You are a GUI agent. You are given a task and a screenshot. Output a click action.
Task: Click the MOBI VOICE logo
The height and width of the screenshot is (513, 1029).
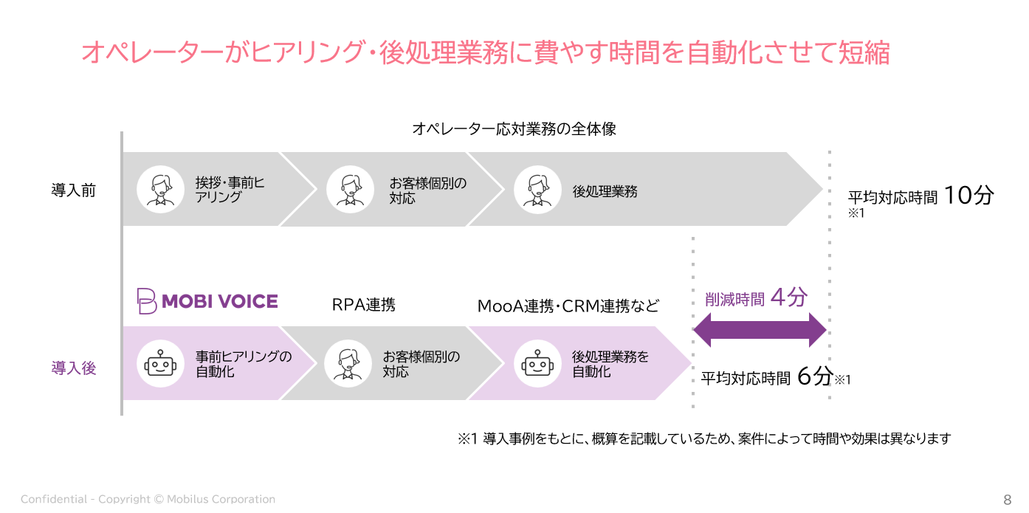(x=207, y=301)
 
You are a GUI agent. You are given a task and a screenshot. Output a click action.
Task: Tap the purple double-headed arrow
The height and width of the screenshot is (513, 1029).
(x=760, y=330)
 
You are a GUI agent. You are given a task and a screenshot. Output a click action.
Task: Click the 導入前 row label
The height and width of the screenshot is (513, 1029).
(x=74, y=190)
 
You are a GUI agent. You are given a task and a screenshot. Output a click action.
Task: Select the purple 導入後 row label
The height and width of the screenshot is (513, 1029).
(x=74, y=368)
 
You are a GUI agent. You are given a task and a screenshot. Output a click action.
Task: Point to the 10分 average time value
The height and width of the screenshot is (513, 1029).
(x=968, y=195)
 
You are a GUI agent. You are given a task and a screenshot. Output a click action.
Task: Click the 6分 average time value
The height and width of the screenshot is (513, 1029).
(x=815, y=376)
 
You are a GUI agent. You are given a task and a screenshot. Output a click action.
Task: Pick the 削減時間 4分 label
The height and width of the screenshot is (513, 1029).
(x=756, y=297)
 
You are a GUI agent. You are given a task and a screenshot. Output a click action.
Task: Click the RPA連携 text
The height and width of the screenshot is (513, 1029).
(x=363, y=305)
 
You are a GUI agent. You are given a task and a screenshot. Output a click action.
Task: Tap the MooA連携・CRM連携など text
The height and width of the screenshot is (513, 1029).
(x=568, y=306)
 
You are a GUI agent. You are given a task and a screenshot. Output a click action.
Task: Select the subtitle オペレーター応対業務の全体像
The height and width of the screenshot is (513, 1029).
(x=514, y=129)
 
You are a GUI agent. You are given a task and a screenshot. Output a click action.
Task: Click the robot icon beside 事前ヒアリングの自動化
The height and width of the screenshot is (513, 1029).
(x=160, y=364)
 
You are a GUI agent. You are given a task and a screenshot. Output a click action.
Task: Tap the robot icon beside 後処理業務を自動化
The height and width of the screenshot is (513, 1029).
(x=537, y=364)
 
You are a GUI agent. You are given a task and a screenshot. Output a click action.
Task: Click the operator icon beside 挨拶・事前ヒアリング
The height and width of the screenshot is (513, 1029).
(x=160, y=189)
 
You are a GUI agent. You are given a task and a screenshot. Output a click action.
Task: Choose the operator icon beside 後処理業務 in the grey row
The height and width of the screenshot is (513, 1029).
(x=537, y=189)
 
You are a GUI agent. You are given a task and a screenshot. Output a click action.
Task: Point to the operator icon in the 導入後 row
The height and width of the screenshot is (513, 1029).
(x=348, y=364)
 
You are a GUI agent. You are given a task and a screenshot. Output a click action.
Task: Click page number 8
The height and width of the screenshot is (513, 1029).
(x=1008, y=499)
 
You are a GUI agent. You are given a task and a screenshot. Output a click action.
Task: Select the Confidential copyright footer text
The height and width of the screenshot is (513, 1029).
(x=148, y=499)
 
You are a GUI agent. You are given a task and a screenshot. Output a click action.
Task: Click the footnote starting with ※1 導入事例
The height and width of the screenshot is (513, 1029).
(x=704, y=439)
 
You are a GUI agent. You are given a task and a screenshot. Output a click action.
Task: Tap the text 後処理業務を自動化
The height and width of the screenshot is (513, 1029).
(x=610, y=364)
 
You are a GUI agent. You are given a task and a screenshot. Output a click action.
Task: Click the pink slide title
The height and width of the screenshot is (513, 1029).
(x=486, y=52)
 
